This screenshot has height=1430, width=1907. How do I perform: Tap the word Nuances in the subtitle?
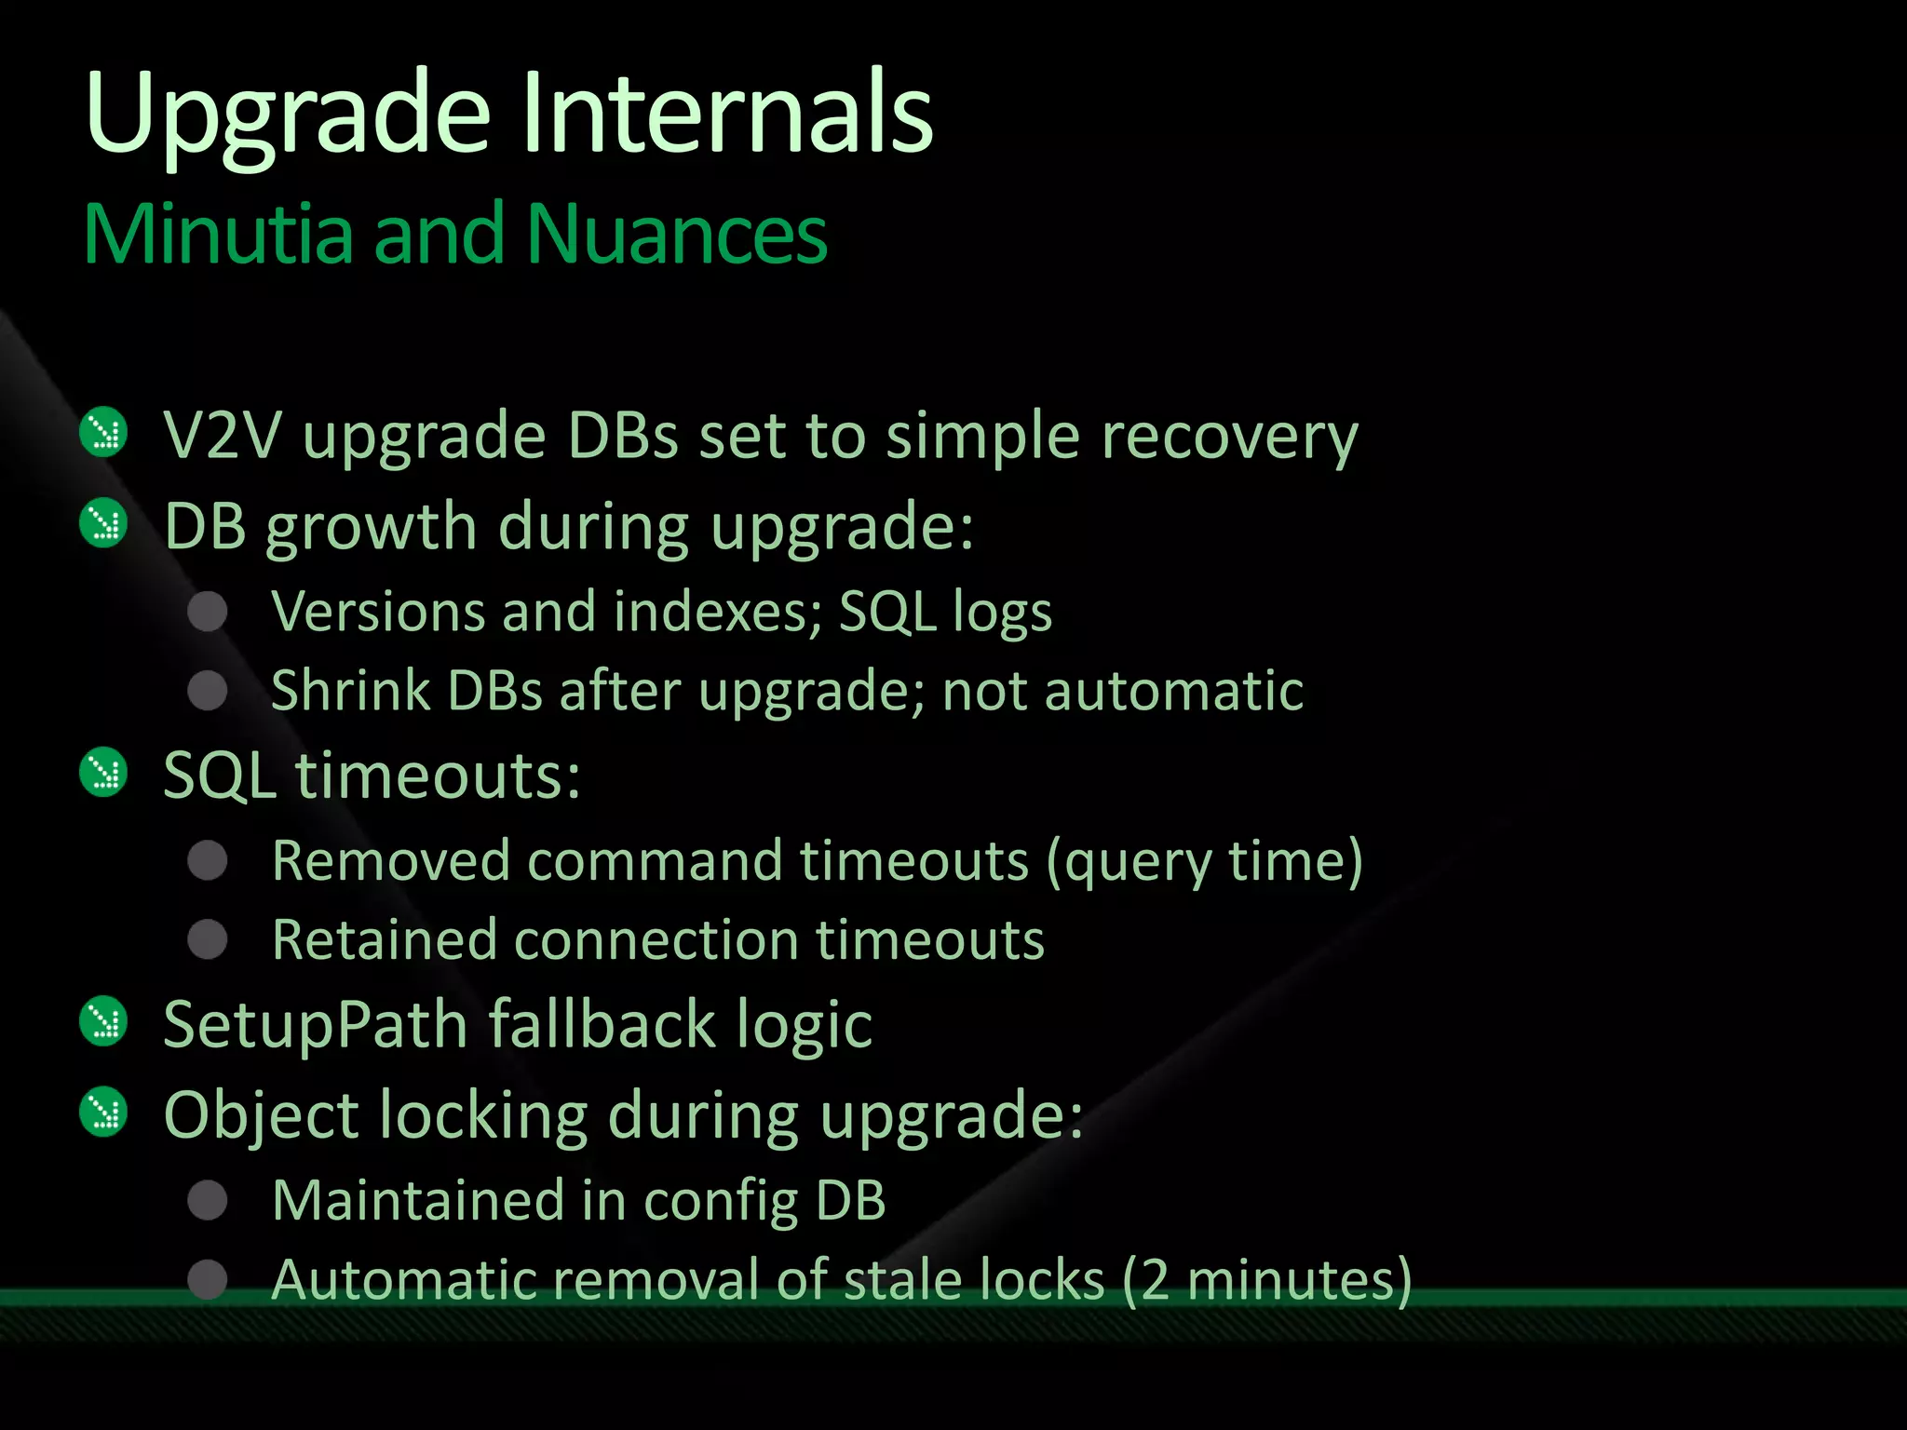pyautogui.click(x=677, y=235)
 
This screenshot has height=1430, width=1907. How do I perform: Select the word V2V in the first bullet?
pyautogui.click(x=221, y=436)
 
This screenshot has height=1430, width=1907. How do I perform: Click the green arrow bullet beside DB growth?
pyautogui.click(x=103, y=523)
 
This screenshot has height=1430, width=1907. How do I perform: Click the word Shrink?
pyautogui.click(x=351, y=691)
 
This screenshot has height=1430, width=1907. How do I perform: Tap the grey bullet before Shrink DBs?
pyautogui.click(x=208, y=692)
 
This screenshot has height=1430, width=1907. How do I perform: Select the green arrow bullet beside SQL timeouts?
pyautogui.click(x=103, y=773)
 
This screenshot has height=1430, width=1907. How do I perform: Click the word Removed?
pyautogui.click(x=391, y=860)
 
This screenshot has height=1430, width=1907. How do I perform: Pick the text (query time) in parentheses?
pyautogui.click(x=1204, y=862)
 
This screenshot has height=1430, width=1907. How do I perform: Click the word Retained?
pyautogui.click(x=385, y=939)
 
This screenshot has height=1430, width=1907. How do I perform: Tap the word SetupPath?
pyautogui.click(x=315, y=1025)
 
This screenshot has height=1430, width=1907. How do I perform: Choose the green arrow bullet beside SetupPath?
pyautogui.click(x=103, y=1021)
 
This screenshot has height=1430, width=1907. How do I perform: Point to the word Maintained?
pyautogui.click(x=418, y=1200)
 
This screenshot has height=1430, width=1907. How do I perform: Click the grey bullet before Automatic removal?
pyautogui.click(x=208, y=1279)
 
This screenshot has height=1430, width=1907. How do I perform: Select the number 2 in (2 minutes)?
pyautogui.click(x=1155, y=1281)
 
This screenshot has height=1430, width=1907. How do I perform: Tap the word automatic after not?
pyautogui.click(x=1173, y=691)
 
